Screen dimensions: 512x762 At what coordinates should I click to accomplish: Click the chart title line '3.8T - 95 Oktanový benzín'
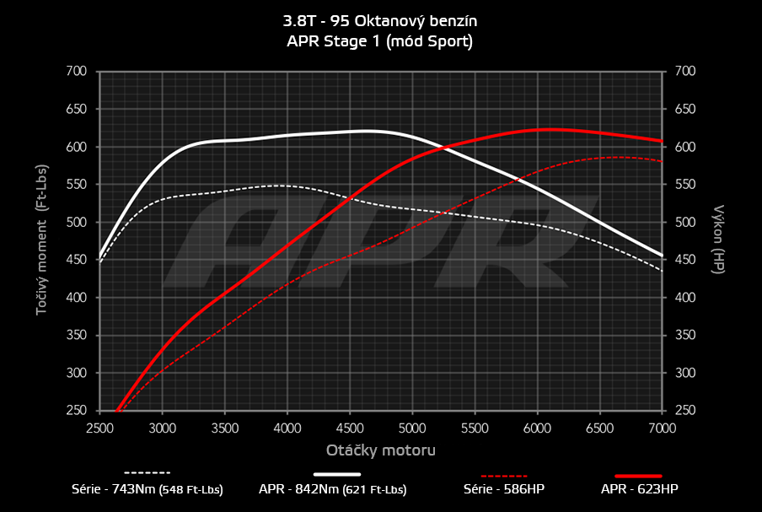pos(380,19)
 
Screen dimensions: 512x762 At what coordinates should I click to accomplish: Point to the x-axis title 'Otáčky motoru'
pos(381,450)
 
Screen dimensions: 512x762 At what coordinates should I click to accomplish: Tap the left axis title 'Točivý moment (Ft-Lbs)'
pos(40,240)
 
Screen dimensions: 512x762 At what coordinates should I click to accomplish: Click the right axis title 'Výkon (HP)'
pos(719,240)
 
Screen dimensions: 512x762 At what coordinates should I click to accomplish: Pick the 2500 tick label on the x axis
pos(99,428)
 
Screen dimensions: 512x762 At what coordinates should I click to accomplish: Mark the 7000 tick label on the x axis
pos(663,428)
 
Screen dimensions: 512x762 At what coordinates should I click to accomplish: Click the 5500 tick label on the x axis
pos(475,428)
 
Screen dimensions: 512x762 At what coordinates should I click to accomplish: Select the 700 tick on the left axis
pos(77,72)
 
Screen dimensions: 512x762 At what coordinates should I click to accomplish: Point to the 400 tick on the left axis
pos(77,298)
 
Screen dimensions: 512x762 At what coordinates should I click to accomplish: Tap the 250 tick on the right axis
pos(684,411)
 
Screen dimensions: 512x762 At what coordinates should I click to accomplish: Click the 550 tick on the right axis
pos(684,185)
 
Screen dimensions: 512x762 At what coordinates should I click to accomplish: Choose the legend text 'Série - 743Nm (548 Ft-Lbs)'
pos(148,489)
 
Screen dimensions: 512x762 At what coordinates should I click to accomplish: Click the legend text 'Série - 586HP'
pos(505,489)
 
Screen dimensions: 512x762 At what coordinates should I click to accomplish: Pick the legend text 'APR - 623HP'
pos(639,489)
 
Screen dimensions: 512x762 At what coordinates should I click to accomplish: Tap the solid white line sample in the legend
pos(343,474)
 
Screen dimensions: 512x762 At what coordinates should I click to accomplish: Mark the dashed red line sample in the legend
pos(505,474)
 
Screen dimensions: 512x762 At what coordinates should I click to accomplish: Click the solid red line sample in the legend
pos(639,475)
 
